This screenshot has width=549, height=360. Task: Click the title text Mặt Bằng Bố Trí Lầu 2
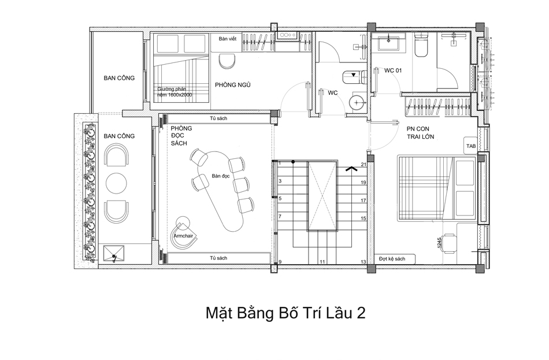(285, 314)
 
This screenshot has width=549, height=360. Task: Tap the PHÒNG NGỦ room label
(232, 85)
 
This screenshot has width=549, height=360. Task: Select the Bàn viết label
(228, 39)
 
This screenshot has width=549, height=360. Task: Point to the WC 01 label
(393, 70)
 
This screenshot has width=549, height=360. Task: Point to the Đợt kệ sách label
(392, 259)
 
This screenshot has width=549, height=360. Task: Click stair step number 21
(363, 165)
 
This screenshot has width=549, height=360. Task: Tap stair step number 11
(322, 262)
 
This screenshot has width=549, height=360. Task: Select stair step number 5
(280, 198)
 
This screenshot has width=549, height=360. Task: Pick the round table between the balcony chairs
(117, 183)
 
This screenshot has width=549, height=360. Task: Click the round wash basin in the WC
(357, 103)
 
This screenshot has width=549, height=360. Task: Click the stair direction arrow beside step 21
(351, 169)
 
